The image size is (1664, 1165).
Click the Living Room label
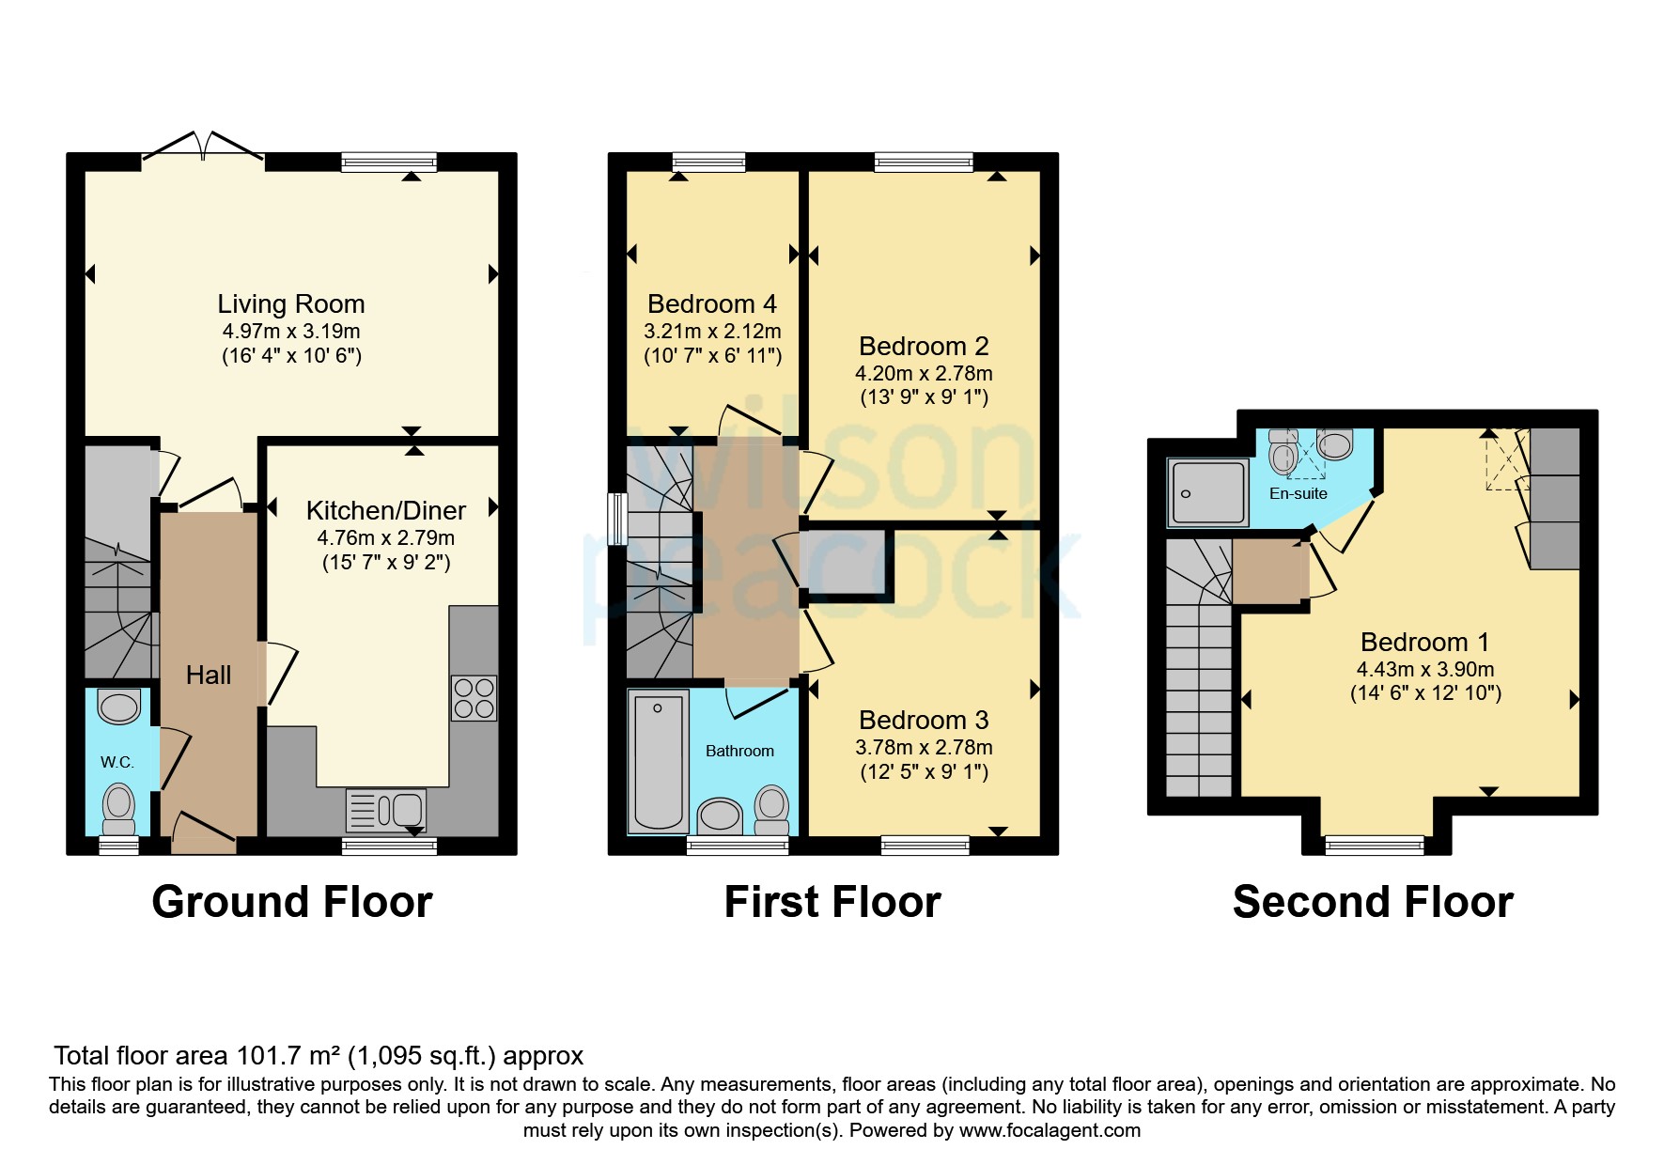tap(291, 304)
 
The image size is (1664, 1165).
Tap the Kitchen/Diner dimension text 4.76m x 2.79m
tap(386, 538)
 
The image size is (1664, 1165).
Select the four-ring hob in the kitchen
tap(474, 698)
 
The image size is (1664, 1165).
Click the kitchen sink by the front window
tap(386, 810)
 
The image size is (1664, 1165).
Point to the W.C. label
tap(117, 762)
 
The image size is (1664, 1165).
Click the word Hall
tap(209, 676)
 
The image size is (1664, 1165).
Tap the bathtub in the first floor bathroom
tap(658, 761)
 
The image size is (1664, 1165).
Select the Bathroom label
tap(740, 751)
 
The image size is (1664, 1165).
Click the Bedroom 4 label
tap(712, 304)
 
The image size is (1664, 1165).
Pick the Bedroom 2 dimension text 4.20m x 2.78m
tap(925, 374)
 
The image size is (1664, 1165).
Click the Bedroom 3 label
tap(925, 721)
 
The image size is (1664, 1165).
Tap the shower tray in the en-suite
tap(1208, 492)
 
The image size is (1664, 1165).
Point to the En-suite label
tap(1299, 493)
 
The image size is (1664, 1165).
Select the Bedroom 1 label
tap(1425, 643)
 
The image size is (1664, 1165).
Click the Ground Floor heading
tap(292, 902)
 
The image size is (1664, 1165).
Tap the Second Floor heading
tap(1373, 902)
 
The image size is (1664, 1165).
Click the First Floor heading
tap(832, 902)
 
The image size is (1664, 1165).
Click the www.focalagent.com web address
tap(1050, 1130)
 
